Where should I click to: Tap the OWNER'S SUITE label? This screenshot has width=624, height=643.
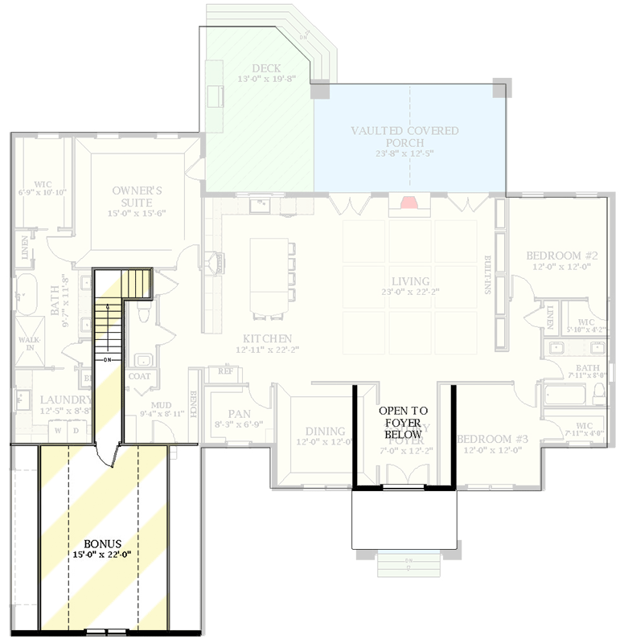[138, 191]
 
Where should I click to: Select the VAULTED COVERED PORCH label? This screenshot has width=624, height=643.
[404, 131]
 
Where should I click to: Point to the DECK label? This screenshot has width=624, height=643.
[265, 68]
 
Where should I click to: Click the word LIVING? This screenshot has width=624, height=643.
[410, 281]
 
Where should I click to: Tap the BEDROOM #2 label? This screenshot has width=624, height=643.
[558, 256]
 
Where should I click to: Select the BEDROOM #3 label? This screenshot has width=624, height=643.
[492, 440]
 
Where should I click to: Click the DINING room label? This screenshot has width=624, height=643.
[320, 432]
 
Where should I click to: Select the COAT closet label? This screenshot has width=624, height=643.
[138, 376]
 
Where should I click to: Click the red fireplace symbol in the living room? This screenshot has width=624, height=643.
[410, 203]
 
